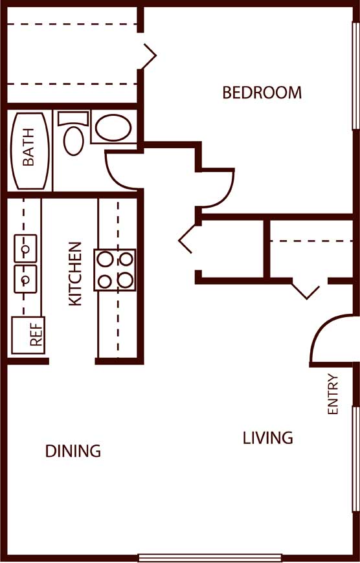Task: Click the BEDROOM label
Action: (x=262, y=93)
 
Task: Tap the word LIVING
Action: (x=268, y=438)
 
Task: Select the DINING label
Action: (x=73, y=451)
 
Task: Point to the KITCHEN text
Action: (x=75, y=274)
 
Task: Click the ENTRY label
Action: (x=333, y=394)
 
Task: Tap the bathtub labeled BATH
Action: (x=30, y=151)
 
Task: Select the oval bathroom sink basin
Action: (x=113, y=127)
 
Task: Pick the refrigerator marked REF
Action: (x=28, y=335)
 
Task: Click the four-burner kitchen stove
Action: (x=115, y=270)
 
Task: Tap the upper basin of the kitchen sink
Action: (x=25, y=248)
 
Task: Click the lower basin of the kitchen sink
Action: (x=25, y=279)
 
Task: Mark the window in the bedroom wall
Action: (x=355, y=76)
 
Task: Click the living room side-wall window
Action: (x=355, y=459)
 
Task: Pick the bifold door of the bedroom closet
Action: (x=149, y=56)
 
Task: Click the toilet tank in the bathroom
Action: (x=73, y=118)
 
